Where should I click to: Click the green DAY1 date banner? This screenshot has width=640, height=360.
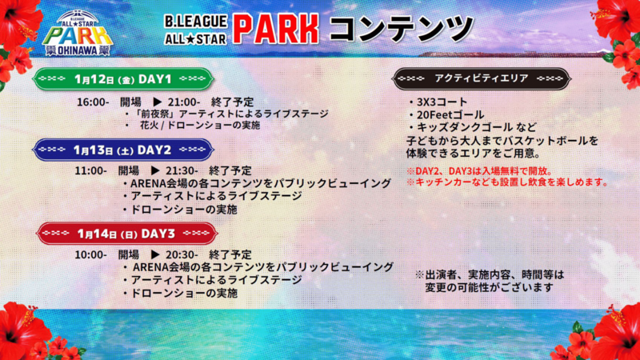tap(123, 78)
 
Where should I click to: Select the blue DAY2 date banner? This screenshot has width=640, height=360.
tap(123, 150)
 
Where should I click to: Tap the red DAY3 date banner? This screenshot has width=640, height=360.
tap(126, 234)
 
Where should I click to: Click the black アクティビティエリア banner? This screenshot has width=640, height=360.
tap(482, 78)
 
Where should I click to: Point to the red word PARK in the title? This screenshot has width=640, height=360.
tap(275, 29)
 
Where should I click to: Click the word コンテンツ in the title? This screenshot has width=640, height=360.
tap(401, 28)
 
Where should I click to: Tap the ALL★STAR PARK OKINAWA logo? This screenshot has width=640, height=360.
tap(78, 34)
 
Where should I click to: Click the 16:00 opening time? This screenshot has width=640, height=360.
tap(93, 102)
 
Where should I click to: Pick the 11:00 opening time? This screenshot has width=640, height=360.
tap(90, 170)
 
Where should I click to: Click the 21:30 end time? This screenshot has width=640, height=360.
tap(182, 170)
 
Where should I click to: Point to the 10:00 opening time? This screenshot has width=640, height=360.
tap(90, 254)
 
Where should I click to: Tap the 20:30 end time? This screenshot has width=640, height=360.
tap(182, 254)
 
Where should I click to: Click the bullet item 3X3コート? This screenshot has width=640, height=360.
tap(438, 102)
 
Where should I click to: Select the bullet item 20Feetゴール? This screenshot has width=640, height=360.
tap(446, 114)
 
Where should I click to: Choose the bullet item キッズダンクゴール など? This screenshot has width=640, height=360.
tap(473, 127)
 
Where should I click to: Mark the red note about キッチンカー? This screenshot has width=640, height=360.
tap(507, 182)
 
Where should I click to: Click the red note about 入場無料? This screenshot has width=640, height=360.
tap(479, 171)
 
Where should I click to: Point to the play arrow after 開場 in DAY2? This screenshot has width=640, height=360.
tap(154, 170)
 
